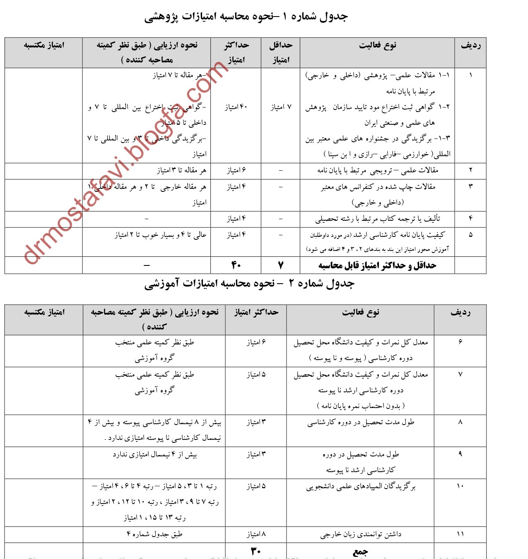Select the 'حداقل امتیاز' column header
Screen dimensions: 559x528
(x=280, y=53)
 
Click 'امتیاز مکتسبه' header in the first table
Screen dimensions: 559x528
(x=44, y=45)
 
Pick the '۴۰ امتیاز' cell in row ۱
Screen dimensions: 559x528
(x=236, y=107)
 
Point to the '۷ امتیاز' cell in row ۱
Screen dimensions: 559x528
(x=281, y=107)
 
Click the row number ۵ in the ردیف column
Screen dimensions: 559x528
(x=470, y=234)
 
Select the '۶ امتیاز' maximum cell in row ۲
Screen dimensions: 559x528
(x=236, y=170)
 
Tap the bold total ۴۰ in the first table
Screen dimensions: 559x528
(x=236, y=265)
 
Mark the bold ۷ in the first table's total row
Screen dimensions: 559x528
(x=281, y=265)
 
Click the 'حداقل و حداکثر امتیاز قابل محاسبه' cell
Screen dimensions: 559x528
(x=377, y=265)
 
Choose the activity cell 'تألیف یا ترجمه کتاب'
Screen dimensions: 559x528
(x=377, y=219)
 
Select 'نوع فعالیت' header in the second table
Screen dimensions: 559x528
(x=360, y=312)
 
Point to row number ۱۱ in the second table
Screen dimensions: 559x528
(x=460, y=534)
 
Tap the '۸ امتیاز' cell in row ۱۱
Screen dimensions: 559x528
(x=256, y=534)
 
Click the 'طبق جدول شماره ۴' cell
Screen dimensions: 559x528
(x=154, y=534)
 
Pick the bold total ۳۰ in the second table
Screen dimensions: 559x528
(x=256, y=551)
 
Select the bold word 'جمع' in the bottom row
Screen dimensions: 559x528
(x=360, y=552)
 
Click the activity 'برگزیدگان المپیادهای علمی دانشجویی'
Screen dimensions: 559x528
(x=361, y=487)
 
